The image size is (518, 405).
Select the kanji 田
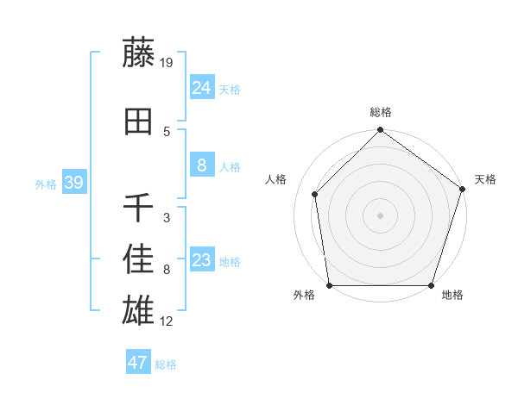pos(139,123)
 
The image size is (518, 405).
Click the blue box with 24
pos(202,88)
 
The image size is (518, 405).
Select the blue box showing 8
pos(202,165)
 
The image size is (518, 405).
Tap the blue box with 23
pos(202,261)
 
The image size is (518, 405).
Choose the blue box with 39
pos(74,183)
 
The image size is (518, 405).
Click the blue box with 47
pos(138,363)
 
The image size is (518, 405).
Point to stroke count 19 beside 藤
pos(167,63)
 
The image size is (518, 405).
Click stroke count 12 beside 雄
pos(167,321)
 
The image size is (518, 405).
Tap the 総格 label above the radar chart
pos(381,112)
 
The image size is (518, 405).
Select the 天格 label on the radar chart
pos(485,179)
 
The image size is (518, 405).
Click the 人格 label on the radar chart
pos(276,179)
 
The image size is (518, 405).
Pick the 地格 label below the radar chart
pos(452,296)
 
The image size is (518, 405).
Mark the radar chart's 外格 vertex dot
pos(330,285)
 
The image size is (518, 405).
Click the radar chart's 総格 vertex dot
pos(381,131)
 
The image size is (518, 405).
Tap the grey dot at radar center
pos(381,215)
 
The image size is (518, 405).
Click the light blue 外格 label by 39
pos(46,184)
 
